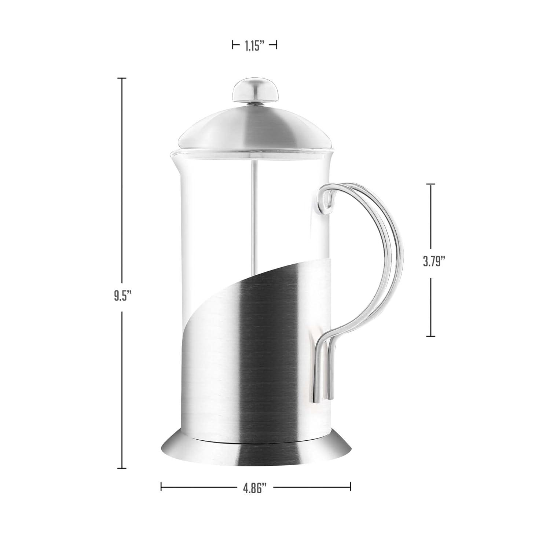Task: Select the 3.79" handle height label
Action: pyautogui.click(x=434, y=261)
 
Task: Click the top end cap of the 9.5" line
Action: pyautogui.click(x=121, y=78)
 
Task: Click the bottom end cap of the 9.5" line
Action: pyautogui.click(x=121, y=468)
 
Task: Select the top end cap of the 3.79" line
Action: pyautogui.click(x=430, y=184)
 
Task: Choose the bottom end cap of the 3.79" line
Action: pyautogui.click(x=430, y=336)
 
